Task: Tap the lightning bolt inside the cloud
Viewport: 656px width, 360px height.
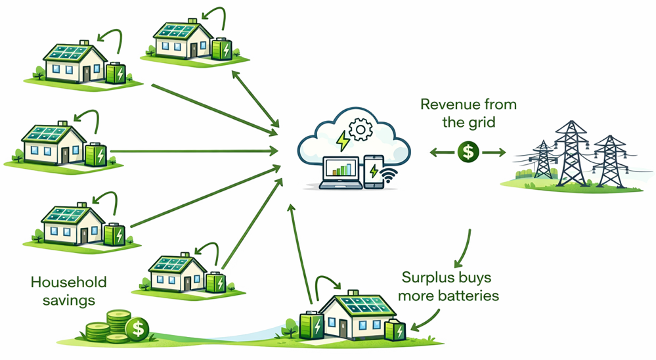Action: pyautogui.click(x=342, y=140)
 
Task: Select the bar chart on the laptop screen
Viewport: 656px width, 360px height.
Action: pyautogui.click(x=340, y=169)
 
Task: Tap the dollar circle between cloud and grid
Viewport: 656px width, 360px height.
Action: pyautogui.click(x=467, y=152)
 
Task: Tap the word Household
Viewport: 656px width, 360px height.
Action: pyautogui.click(x=69, y=282)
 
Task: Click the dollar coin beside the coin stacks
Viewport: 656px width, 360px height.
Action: pyautogui.click(x=138, y=326)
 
